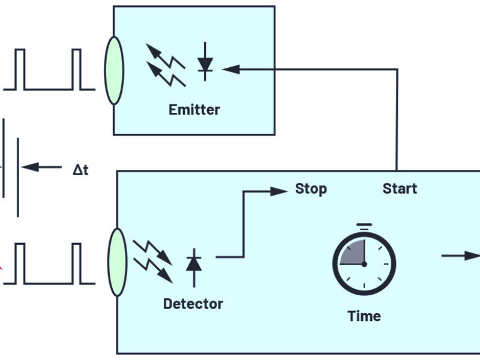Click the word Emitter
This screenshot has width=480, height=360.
(x=194, y=110)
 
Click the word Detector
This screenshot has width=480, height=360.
(x=193, y=304)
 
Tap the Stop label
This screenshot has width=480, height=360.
(x=311, y=189)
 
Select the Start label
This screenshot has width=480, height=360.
(x=400, y=189)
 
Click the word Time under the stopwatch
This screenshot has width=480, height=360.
(x=364, y=316)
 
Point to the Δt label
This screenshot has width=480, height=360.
(x=80, y=170)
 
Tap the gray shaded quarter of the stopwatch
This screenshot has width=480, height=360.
(x=353, y=253)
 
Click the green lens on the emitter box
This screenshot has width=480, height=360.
(x=114, y=70)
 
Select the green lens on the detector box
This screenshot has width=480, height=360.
(x=118, y=262)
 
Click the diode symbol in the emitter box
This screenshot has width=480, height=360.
(x=205, y=61)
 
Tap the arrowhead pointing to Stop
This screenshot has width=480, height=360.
(x=279, y=191)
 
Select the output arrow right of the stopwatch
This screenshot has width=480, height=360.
(x=462, y=256)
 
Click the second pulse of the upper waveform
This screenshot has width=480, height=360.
(x=76, y=69)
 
